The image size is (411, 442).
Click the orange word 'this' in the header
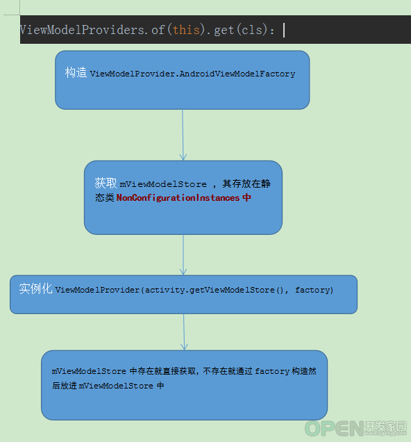pyautogui.click(x=186, y=30)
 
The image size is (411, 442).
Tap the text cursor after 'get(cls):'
pyautogui.click(x=284, y=30)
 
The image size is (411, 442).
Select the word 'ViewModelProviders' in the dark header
pyautogui.click(x=82, y=30)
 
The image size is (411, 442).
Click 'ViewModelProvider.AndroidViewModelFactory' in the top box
pyautogui.click(x=192, y=74)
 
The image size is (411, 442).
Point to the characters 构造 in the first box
pyautogui.click(x=76, y=72)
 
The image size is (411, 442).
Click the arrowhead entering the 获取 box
pyautogui.click(x=183, y=156)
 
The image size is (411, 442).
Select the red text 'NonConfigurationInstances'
pyautogui.click(x=178, y=197)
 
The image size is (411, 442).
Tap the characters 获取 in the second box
pyautogui.click(x=106, y=183)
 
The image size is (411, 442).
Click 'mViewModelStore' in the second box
pyautogui.click(x=163, y=184)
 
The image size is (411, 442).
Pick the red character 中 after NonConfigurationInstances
pyautogui.click(x=246, y=197)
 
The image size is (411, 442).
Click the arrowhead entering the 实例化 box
pyautogui.click(x=183, y=271)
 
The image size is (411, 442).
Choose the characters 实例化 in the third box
pyautogui.click(x=35, y=288)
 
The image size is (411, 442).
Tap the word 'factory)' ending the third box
pyautogui.click(x=314, y=290)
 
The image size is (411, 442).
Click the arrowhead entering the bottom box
pyautogui.click(x=184, y=346)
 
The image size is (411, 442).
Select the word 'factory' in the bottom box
pyautogui.click(x=272, y=371)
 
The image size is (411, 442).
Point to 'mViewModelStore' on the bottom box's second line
pyautogui.click(x=116, y=386)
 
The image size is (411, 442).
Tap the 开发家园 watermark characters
pyautogui.click(x=386, y=426)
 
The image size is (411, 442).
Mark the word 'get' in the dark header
pyautogui.click(x=224, y=31)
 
